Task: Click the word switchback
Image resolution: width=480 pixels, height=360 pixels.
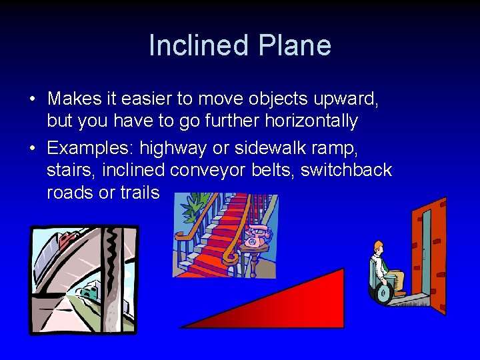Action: pos(346,170)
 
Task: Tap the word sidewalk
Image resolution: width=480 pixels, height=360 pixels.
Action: pos(276,147)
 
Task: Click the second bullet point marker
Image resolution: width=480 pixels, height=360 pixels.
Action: pos(32,148)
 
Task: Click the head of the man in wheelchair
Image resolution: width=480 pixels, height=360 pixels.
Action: pos(378,247)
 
